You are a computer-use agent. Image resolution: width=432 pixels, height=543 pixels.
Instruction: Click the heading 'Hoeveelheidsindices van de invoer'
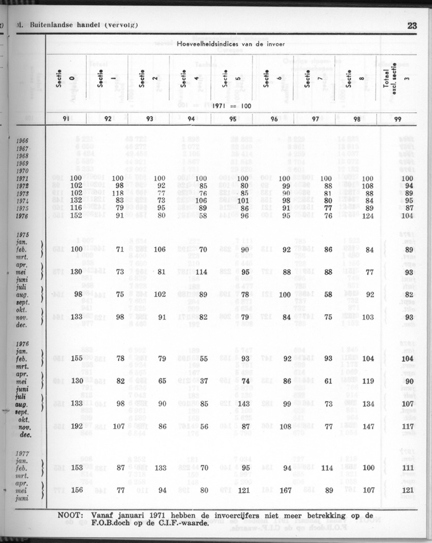pyautogui.click(x=231, y=44)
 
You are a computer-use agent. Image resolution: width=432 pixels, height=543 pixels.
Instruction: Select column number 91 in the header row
pyautogui.click(x=66, y=119)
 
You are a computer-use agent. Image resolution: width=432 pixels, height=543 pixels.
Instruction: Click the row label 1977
pyautogui.click(x=22, y=454)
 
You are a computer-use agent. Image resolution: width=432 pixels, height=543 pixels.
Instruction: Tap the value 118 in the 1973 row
pyautogui.click(x=118, y=193)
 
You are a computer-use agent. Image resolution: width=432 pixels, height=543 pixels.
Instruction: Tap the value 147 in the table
pyautogui.click(x=367, y=427)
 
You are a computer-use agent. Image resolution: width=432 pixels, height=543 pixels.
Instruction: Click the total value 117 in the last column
pyautogui.click(x=408, y=427)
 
